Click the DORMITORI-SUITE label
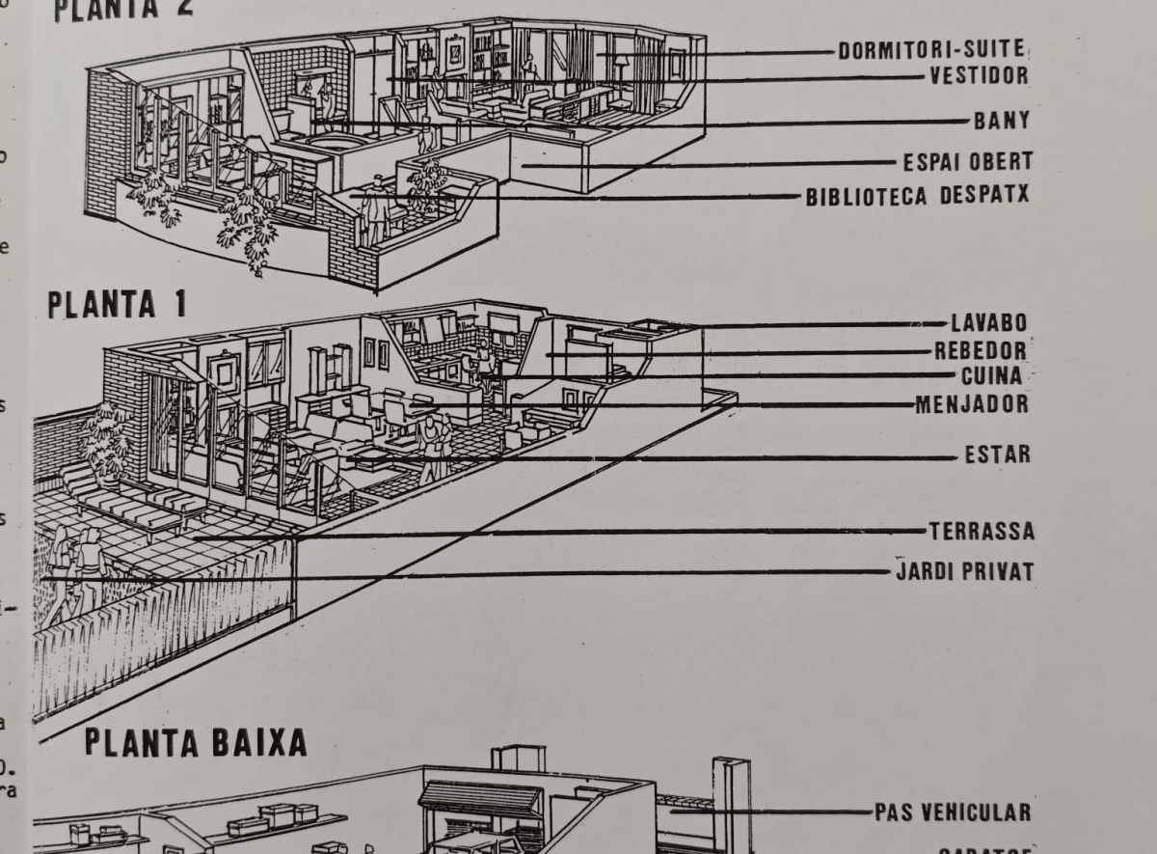click(930, 50)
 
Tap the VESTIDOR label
click(978, 75)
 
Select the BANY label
click(1002, 122)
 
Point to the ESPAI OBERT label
click(967, 161)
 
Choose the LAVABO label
click(988, 323)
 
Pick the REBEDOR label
click(980, 350)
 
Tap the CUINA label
click(993, 375)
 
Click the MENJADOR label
click(971, 404)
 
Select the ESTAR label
click(997, 455)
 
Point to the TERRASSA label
click(981, 532)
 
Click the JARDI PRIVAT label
click(964, 572)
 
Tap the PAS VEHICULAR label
click(952, 813)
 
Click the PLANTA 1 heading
click(117, 305)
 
